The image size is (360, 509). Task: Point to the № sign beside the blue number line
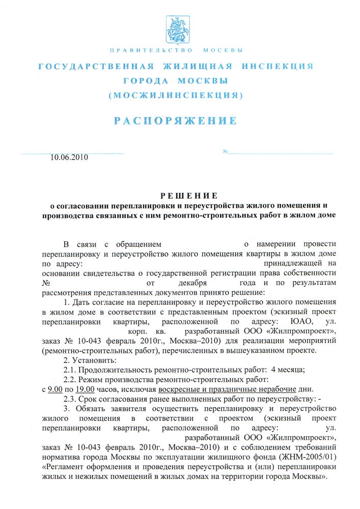225,153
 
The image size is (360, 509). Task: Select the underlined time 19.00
83,389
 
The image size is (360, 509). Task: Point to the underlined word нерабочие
275,389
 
